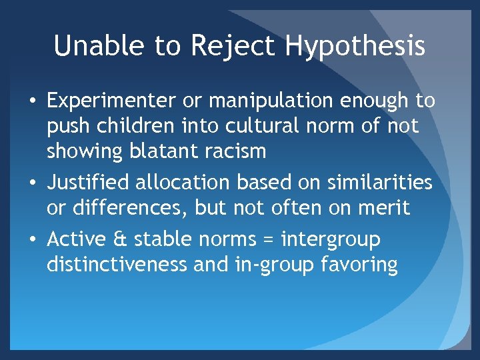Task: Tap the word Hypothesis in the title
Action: pos(355,47)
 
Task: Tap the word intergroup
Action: pos(340,239)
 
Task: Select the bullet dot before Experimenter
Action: pos(32,102)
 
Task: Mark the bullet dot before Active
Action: pos(32,239)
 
